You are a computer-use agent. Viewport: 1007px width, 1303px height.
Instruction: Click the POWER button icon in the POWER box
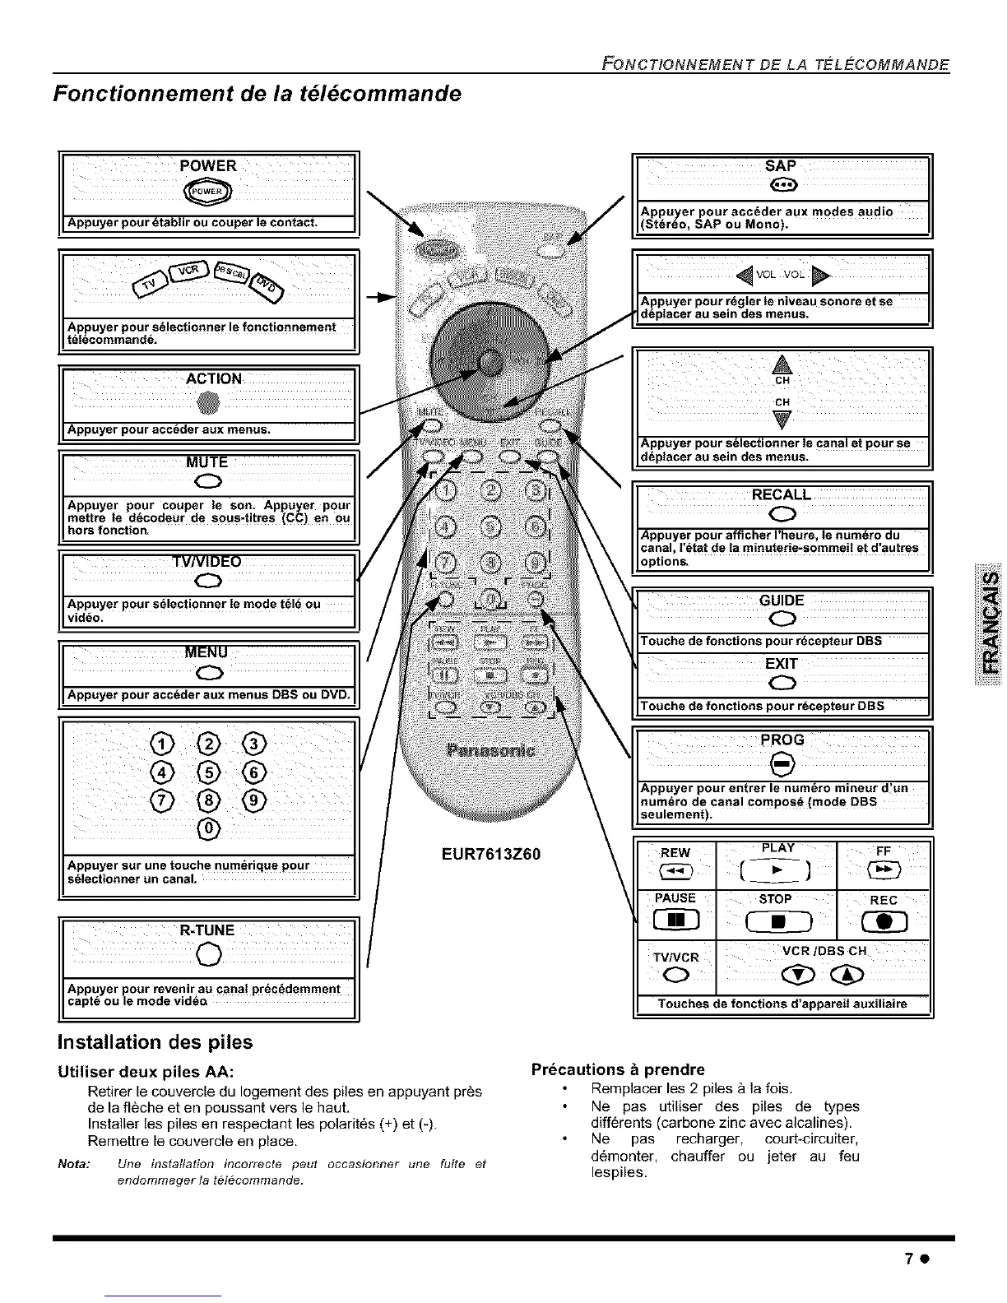[208, 192]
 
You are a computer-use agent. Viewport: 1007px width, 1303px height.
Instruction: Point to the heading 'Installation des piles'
[155, 1041]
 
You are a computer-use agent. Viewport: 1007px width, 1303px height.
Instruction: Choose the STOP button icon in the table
[775, 920]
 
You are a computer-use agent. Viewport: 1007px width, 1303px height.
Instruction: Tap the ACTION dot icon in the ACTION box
[208, 403]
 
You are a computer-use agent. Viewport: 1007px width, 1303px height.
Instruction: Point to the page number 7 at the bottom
[909, 1259]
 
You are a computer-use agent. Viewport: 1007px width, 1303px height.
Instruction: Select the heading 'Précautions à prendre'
[618, 1069]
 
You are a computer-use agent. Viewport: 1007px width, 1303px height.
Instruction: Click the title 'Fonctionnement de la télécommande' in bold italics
[257, 93]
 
